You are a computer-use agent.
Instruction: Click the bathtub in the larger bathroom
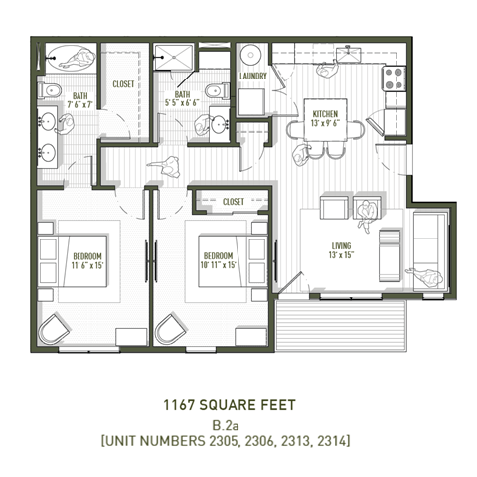click(68, 58)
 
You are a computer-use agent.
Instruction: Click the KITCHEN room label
click(325, 114)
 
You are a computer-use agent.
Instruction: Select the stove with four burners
click(394, 78)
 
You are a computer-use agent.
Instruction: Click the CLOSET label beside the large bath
click(124, 85)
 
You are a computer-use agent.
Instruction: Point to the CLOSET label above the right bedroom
click(234, 202)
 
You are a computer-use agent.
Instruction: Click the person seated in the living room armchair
click(370, 209)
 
